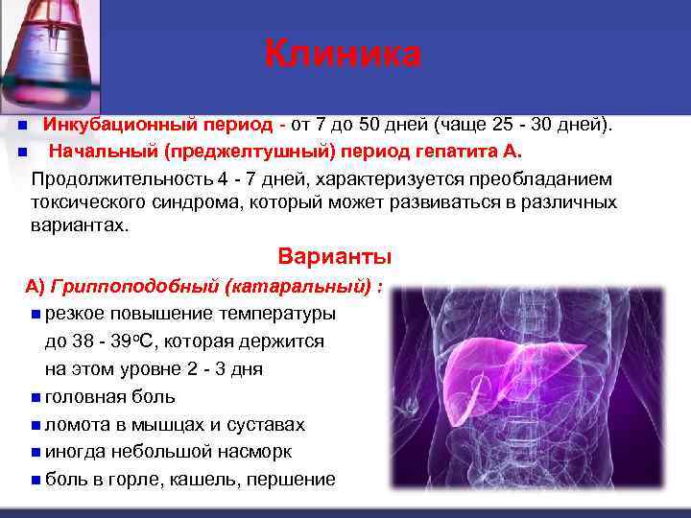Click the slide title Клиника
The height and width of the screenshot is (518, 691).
pyautogui.click(x=343, y=53)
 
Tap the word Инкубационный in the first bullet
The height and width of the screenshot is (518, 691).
pyautogui.click(x=120, y=125)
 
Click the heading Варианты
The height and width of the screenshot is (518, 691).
pyautogui.click(x=334, y=257)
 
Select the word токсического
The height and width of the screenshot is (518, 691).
pyautogui.click(x=90, y=202)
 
